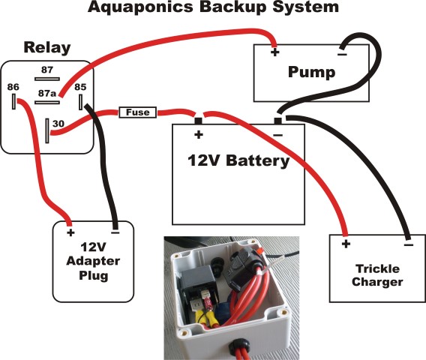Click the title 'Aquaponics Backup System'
tap(213, 8)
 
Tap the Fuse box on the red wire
tap(138, 112)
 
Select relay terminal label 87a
tap(46, 94)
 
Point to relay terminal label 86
tap(13, 88)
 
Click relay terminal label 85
tap(80, 88)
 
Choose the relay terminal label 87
tap(46, 70)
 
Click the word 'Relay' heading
tap(47, 48)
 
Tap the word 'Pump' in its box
tap(310, 73)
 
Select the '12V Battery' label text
tap(238, 161)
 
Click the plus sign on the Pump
tap(274, 53)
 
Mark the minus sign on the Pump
tap(341, 53)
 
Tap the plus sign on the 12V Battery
tap(199, 135)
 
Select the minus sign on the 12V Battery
tap(277, 135)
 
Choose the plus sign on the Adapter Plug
tap(70, 232)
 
